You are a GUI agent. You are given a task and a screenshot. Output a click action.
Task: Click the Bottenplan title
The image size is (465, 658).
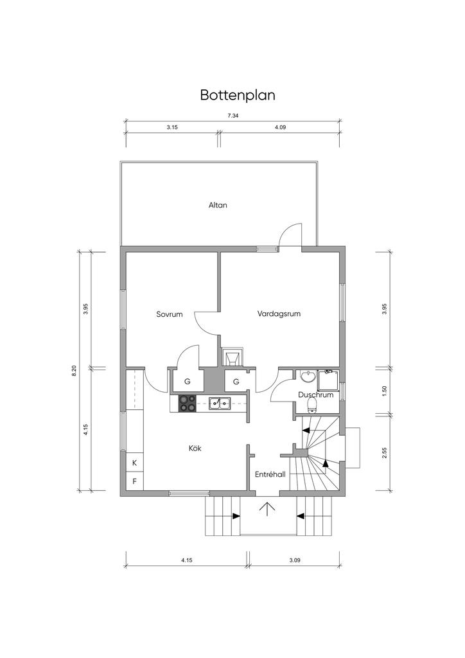coord(238,95)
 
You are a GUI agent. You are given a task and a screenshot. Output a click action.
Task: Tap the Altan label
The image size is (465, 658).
coord(218,205)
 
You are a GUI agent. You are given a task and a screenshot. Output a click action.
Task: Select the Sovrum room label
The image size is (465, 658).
coord(170,314)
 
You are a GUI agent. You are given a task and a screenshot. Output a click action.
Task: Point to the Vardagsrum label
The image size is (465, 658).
coord(279,314)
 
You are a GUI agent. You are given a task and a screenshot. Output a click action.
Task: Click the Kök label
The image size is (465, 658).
coord(195,448)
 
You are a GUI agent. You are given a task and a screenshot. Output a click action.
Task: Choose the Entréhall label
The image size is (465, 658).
coord(270,474)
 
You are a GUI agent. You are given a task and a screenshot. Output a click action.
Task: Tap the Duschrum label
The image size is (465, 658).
coord(316,395)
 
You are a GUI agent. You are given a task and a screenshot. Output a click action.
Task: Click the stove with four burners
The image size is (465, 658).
coord(188,404)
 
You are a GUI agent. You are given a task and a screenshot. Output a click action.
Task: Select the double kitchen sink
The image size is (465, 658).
coord(220,404)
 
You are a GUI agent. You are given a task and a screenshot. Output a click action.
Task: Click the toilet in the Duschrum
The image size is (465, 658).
coord(312,405)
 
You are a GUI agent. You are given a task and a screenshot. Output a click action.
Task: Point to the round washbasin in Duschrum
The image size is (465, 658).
coord(308,376)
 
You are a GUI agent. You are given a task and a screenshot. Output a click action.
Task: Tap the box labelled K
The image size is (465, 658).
coord(135,463)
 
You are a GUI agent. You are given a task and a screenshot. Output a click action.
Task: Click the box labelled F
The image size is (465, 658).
coord(135,481)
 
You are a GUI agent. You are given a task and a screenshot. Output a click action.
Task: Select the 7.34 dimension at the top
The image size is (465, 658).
coord(233,116)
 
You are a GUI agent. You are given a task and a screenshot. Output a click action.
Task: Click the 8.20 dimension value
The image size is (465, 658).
coord(75,371)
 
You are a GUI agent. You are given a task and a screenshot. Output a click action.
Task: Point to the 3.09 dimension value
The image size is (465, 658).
coord(295,560)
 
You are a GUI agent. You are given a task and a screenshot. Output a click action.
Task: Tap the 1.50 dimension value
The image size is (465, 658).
coord(385,391)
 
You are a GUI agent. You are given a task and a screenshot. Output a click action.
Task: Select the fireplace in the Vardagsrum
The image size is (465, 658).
coord(231,357)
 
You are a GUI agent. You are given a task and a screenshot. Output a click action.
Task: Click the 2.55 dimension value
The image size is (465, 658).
coord(385,453)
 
